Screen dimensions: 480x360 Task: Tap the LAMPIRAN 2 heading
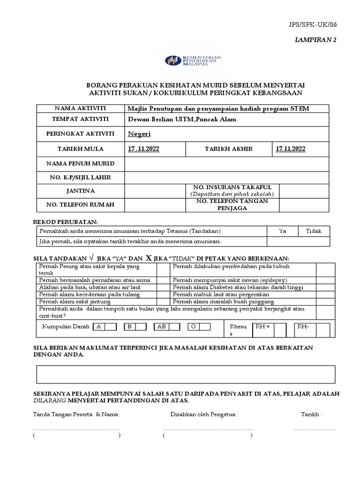coord(315,40)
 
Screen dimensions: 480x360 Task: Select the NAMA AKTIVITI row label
coord(81,108)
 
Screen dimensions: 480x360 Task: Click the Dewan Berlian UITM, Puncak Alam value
coord(182,119)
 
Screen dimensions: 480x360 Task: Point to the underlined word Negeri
coord(139,134)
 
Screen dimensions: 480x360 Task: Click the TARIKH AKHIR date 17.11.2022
coord(291,149)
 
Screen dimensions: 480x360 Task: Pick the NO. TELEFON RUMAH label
coord(81,205)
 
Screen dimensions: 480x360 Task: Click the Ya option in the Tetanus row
coord(282,231)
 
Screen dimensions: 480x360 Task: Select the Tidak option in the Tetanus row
coord(314,231)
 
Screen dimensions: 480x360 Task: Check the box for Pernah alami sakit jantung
coord(163,301)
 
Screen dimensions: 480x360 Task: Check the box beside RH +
coord(280,330)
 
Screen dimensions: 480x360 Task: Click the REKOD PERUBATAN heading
coord(65,221)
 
